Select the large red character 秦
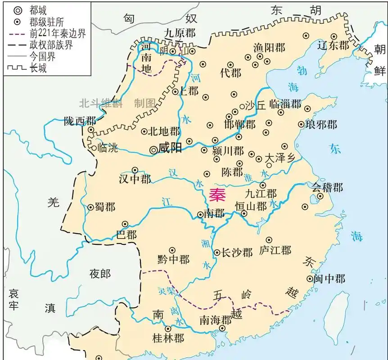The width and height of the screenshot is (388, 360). tap(218, 195)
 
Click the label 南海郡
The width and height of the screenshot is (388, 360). tap(215, 320)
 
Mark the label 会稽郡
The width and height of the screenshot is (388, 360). tap(327, 187)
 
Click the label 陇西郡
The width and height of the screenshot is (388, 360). tap(80, 121)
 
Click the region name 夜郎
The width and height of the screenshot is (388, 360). tap(100, 273)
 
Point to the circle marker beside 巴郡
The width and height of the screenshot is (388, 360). tap(126, 224)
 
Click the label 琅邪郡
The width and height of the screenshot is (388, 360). tap(321, 124)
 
